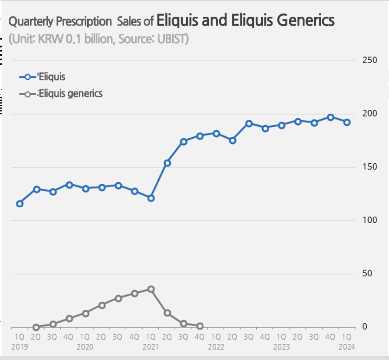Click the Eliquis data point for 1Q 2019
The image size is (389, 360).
[20, 204]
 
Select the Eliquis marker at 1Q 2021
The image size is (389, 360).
[151, 198]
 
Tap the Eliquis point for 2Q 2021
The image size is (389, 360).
[167, 163]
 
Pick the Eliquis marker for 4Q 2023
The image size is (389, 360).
[331, 117]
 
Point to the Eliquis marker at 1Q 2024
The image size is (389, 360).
[347, 122]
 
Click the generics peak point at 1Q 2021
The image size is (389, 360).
[151, 289]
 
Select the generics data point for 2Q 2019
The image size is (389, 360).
[36, 327]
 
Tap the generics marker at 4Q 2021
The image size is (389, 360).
[200, 326]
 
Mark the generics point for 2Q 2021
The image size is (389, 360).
[167, 313]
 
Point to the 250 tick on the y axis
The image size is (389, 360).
[363, 60]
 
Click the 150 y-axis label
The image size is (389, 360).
[363, 167]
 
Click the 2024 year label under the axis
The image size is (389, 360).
[347, 347]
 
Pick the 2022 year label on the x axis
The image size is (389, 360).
[216, 347]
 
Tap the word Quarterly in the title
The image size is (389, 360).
[31, 22]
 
